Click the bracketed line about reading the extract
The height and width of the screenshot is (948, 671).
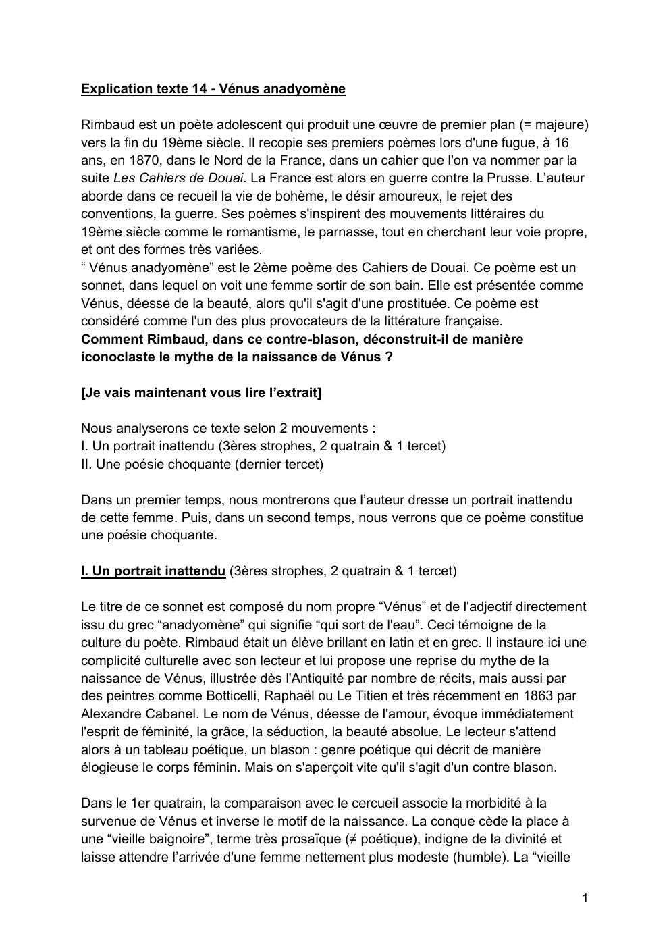[201, 392]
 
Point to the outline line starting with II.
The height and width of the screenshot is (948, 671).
[202, 464]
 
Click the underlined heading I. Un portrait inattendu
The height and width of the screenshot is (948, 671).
[153, 571]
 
